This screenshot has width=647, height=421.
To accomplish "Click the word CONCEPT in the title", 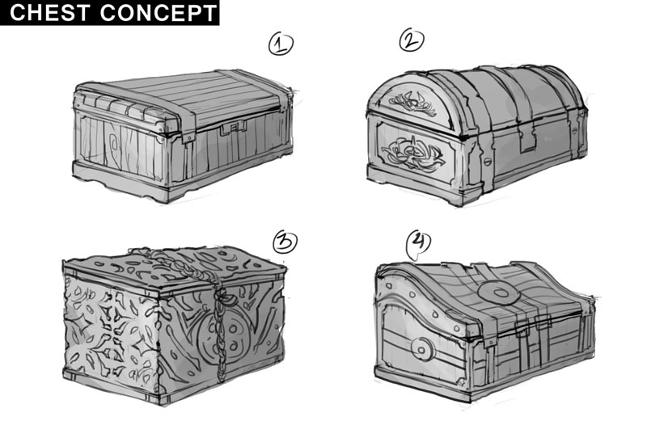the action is pyautogui.click(x=159, y=12).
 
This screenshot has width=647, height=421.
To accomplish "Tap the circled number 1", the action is pyautogui.click(x=281, y=44).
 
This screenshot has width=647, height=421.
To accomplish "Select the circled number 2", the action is pyautogui.click(x=412, y=40).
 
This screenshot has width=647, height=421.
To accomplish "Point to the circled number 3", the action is pyautogui.click(x=285, y=242).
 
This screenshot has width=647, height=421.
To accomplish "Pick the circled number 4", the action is pyautogui.click(x=418, y=244).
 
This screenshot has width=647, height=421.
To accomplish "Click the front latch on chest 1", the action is pyautogui.click(x=233, y=128).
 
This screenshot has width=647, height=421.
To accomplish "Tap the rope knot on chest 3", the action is pyautogui.click(x=223, y=295).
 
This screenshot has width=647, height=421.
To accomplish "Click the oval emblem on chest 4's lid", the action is pyautogui.click(x=498, y=293).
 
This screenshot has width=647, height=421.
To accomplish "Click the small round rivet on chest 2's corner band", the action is pyautogui.click(x=487, y=162).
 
